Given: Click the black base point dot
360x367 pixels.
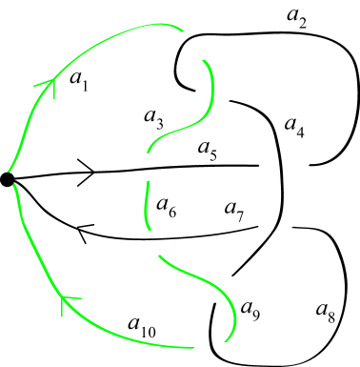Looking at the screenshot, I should pos(7,179).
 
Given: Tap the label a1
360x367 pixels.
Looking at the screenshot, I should pos(79,82).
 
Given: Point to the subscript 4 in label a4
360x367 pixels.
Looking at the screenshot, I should pos(301,133).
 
